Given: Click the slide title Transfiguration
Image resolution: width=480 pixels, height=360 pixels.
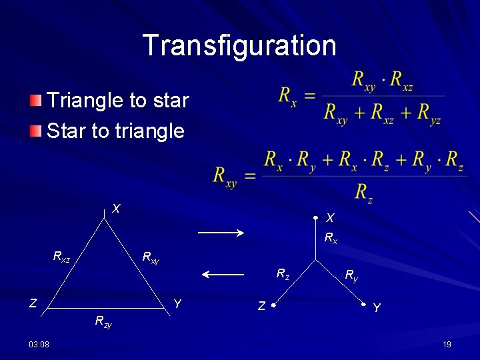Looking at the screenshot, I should tap(239, 45).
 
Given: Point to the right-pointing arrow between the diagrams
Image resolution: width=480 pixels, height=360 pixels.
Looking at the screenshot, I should tap(223, 232).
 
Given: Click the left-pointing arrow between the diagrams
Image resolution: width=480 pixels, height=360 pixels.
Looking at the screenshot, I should tap(223, 274).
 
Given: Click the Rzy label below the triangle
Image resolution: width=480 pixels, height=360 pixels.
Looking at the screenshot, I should tap(103, 322).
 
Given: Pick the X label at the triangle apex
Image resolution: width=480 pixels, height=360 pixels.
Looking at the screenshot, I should tap(116, 209).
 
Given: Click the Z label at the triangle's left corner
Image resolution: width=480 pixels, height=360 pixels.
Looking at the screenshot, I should tap(33, 304).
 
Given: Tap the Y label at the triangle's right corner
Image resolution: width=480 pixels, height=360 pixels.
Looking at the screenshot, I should tap(177, 304).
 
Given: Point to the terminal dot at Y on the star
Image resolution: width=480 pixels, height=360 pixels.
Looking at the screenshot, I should tap(364, 305).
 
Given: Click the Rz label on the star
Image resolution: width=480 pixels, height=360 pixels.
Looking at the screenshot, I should tap(283, 273).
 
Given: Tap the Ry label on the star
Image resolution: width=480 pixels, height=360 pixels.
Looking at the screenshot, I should tap(351, 274).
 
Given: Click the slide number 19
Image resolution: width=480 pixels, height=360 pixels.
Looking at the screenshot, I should tap(447, 344).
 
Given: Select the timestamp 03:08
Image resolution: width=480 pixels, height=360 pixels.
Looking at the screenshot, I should tap(38, 344).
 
